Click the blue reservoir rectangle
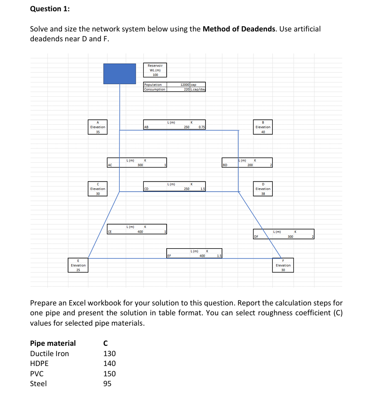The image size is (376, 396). click(x=120, y=74)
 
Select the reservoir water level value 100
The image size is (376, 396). click(x=154, y=75)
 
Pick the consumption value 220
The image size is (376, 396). click(x=186, y=89)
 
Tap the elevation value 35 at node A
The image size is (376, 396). click(x=97, y=132)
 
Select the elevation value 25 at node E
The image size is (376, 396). click(x=78, y=270)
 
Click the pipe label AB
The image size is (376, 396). click(x=146, y=127)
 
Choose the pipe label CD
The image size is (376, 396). click(x=146, y=189)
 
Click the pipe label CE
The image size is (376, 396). click(x=110, y=231)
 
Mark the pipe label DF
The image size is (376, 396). click(x=256, y=236)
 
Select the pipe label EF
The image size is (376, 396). click(x=169, y=256)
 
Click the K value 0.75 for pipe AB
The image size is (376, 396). click(x=201, y=127)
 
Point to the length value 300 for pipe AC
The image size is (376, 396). click(x=140, y=165)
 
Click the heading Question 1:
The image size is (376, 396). click(x=46, y=9)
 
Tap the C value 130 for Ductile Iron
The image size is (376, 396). click(x=109, y=353)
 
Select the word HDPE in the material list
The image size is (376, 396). click(x=39, y=363)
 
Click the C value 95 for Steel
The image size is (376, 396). click(x=107, y=383)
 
